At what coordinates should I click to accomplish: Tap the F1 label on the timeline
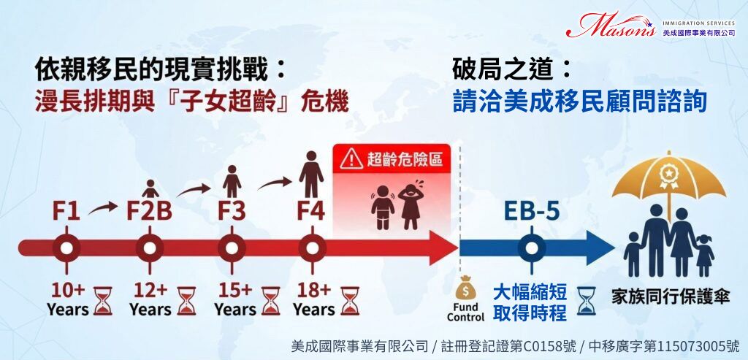coord(66,212)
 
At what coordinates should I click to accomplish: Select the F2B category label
coord(149,212)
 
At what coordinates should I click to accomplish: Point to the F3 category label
coord(232,212)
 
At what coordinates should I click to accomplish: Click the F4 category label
coord(311,212)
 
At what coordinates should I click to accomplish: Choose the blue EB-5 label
coord(532,212)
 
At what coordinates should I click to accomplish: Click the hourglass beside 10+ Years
coord(102,301)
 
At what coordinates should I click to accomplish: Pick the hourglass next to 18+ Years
coord(350,301)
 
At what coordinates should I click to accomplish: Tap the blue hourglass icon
coord(587,301)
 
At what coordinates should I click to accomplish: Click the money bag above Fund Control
coord(465,288)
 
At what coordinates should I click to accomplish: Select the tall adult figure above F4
coord(311,174)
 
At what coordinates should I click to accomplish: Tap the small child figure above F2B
coord(150,189)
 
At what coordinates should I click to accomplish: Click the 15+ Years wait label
coord(234,299)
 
